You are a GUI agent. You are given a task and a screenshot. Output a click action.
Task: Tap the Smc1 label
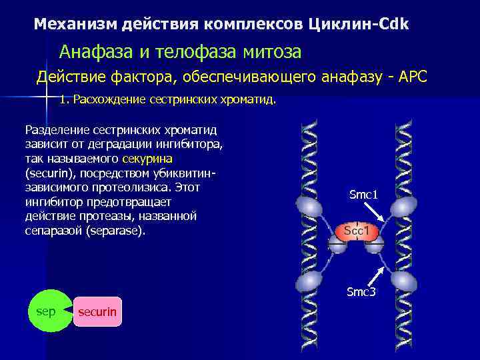coord(363,195)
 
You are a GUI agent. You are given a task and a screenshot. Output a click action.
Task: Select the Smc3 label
coord(361,292)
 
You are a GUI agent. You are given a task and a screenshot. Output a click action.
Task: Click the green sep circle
coord(46,311)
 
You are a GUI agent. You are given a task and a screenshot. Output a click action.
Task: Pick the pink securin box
coord(97,312)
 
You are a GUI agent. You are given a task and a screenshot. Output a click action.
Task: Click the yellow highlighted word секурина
coord(147,159)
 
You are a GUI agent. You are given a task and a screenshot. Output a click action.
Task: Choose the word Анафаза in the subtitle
coord(91,51)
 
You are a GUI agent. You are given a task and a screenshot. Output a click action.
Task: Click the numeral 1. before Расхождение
coord(64,100)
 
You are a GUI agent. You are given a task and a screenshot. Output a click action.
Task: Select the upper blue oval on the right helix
coord(404,207)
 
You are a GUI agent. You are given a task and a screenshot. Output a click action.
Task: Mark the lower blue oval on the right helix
coord(404,279)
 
